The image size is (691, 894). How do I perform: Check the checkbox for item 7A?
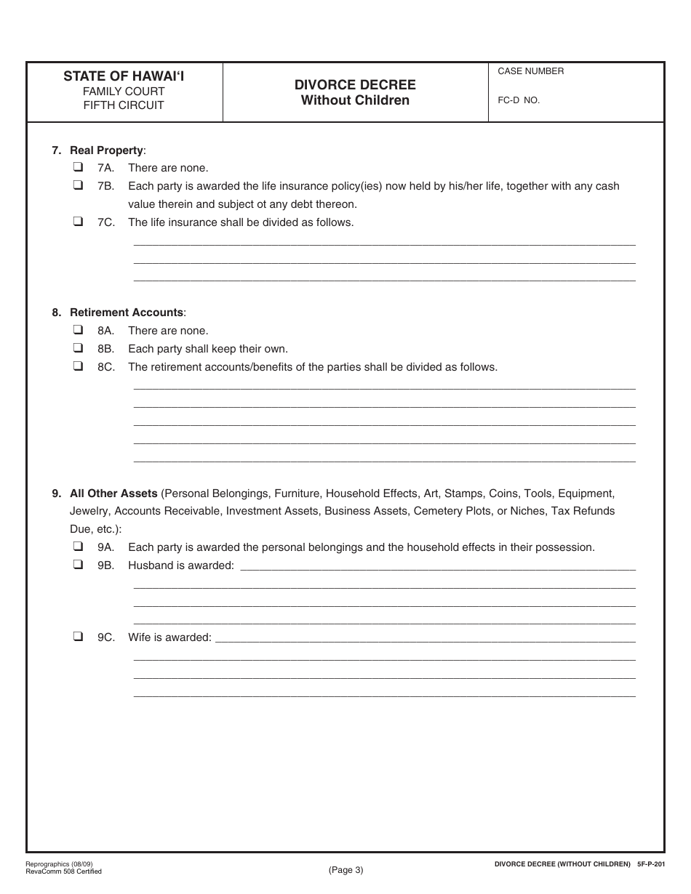(78, 167)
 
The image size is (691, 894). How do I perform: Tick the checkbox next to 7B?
(78, 185)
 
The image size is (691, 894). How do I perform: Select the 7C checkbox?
(78, 222)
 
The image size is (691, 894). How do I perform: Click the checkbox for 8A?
(78, 330)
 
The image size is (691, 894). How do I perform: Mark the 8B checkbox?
(78, 348)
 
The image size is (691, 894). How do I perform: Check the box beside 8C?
(78, 366)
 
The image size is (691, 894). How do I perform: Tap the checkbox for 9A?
(78, 547)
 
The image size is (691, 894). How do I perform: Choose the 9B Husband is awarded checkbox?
(78, 565)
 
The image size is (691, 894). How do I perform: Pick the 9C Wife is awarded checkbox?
(78, 637)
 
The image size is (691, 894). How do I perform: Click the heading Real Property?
(106, 150)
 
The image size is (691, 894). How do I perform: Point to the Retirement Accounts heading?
(127, 313)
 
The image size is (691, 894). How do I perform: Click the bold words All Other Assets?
(113, 493)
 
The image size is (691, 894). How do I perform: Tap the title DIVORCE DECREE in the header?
(355, 85)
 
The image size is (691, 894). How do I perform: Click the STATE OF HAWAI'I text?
(124, 76)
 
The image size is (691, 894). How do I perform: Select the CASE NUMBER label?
(530, 71)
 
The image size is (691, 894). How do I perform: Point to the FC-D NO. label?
(519, 100)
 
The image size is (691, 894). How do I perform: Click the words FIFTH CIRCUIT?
(124, 105)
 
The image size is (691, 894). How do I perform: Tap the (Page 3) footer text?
(345, 869)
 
